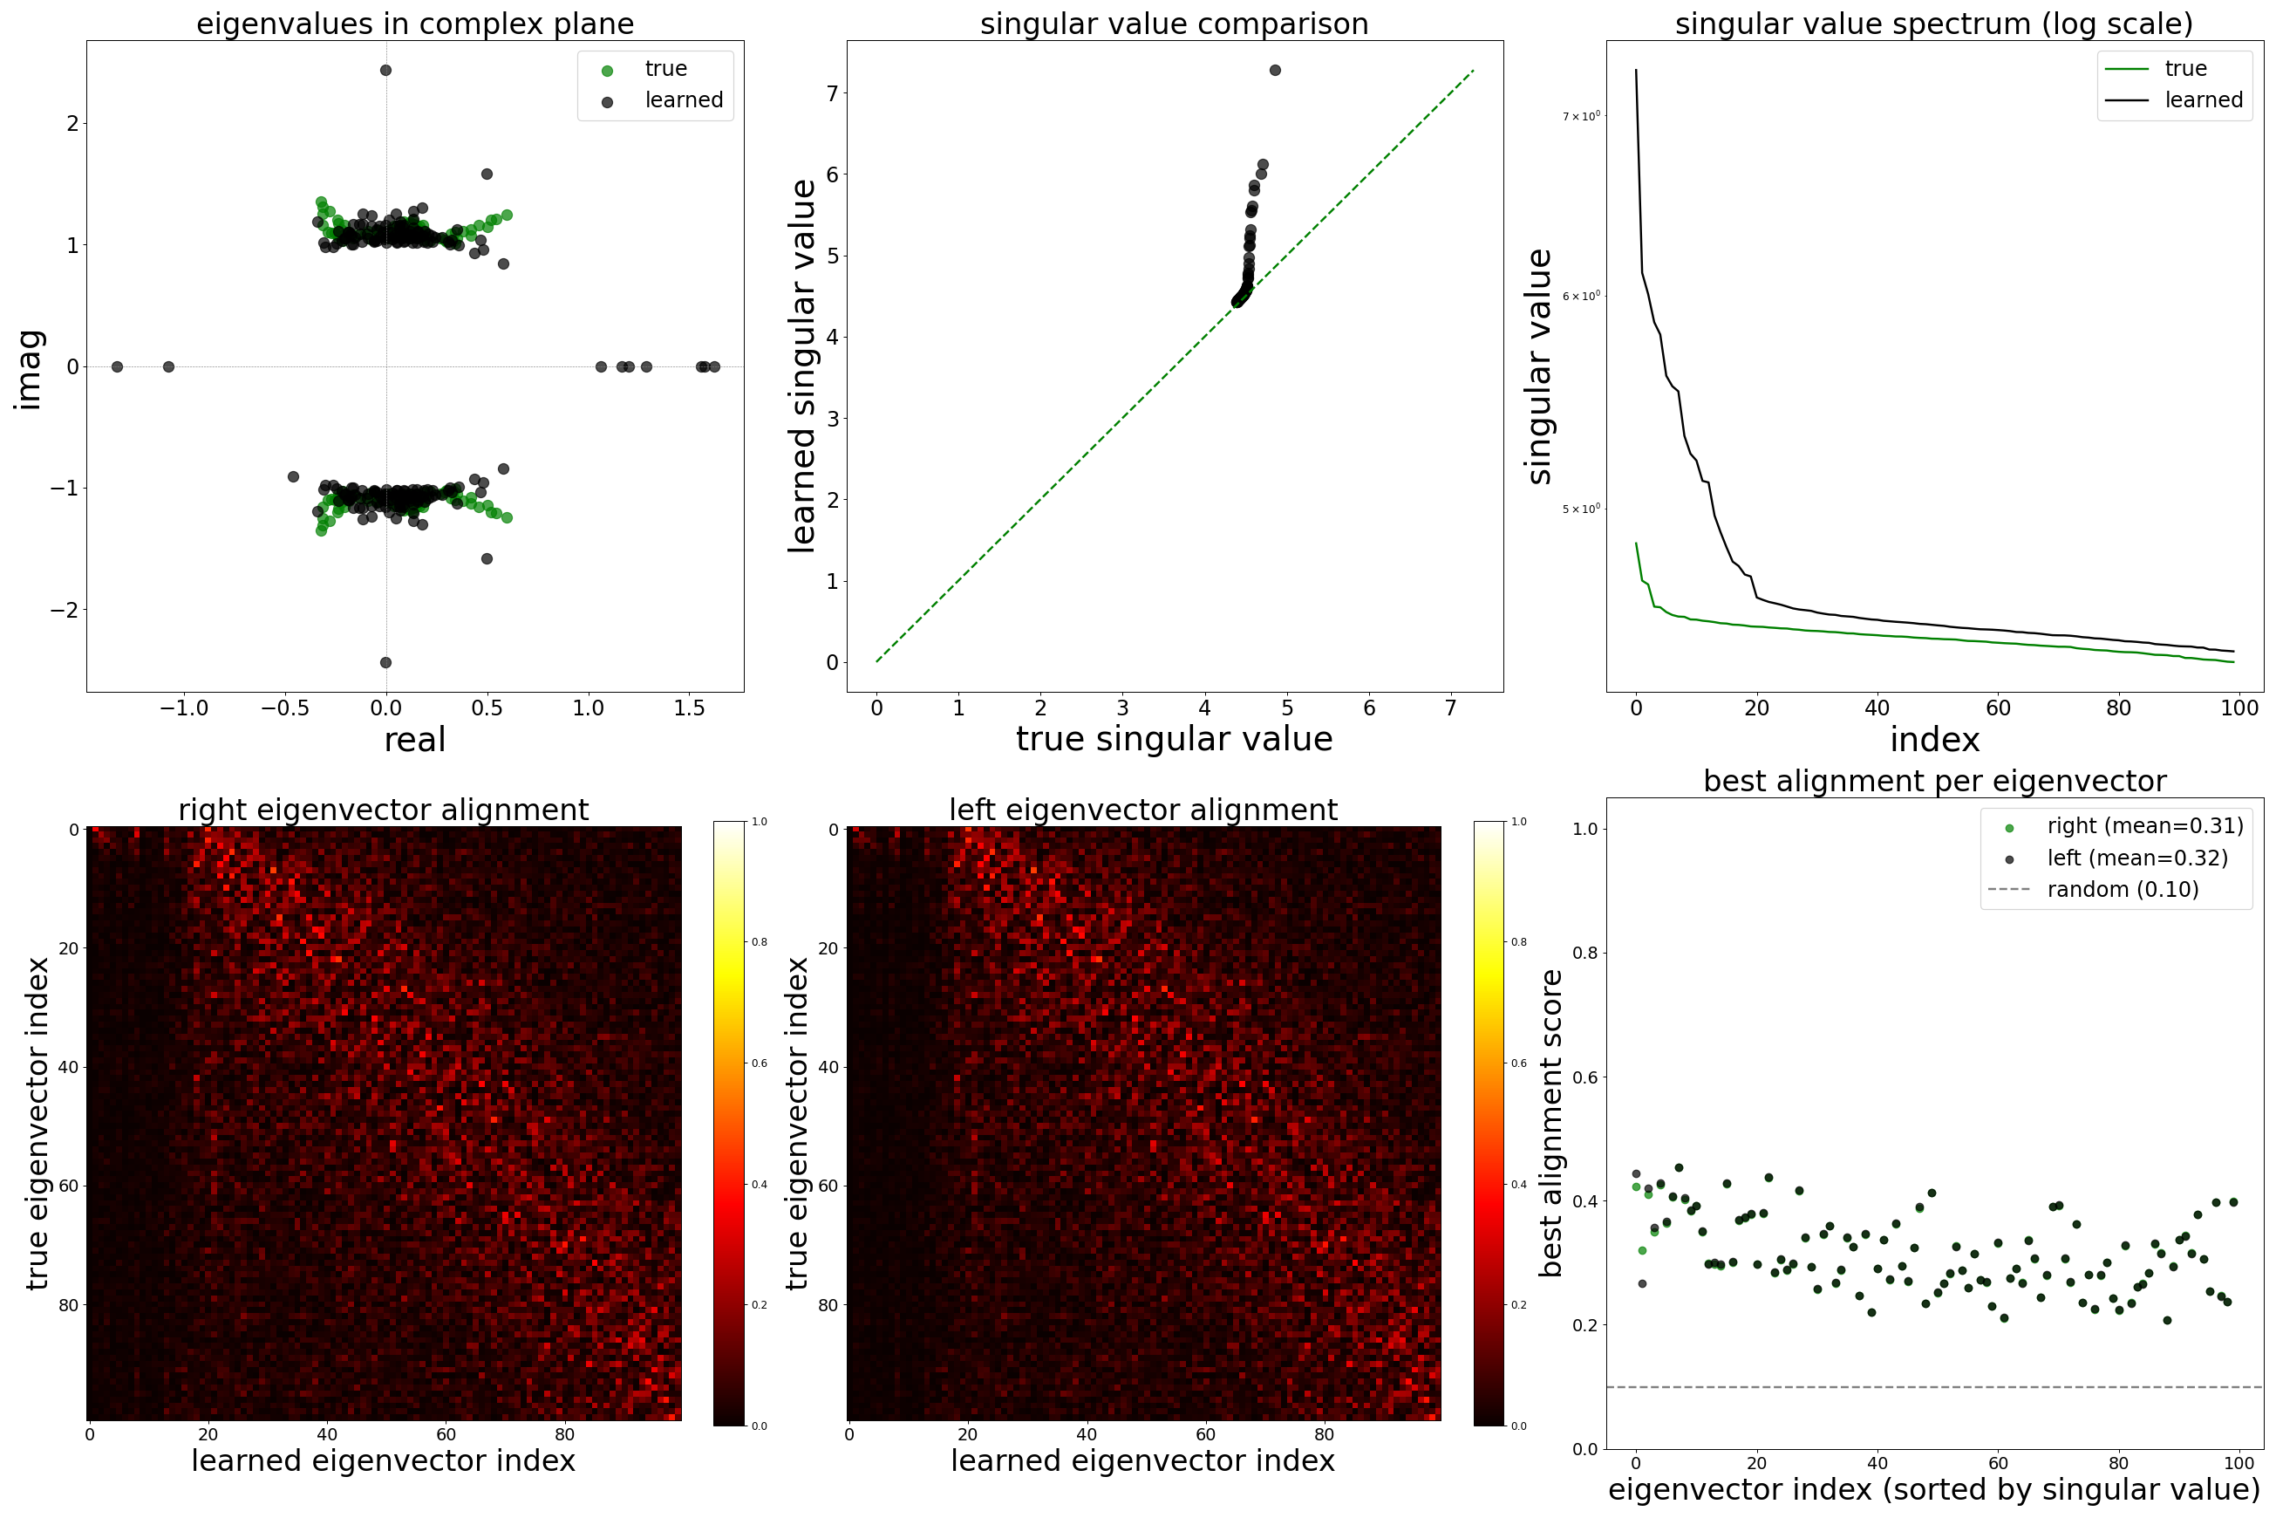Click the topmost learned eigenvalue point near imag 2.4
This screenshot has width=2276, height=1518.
point(385,71)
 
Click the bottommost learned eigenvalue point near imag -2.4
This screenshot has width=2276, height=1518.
point(385,662)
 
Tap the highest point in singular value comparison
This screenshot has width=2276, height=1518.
point(1274,71)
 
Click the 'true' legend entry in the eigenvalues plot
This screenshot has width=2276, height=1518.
point(664,69)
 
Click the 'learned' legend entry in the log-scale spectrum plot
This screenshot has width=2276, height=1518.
point(2203,99)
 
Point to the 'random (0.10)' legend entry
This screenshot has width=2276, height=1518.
point(2123,890)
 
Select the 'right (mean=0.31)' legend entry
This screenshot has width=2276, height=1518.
point(2144,826)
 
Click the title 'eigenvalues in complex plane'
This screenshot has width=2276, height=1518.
point(415,24)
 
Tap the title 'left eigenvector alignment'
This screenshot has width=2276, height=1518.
point(1143,810)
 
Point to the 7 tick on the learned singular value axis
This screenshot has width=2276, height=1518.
point(831,93)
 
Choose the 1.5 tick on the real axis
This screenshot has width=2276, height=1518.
point(689,708)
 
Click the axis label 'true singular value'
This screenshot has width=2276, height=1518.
point(1174,740)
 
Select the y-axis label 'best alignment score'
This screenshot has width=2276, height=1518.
point(1550,1123)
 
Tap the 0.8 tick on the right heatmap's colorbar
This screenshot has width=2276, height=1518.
point(1519,942)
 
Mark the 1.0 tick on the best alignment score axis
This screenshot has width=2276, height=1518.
point(1584,829)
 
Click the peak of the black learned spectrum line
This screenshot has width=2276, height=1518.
point(1636,71)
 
